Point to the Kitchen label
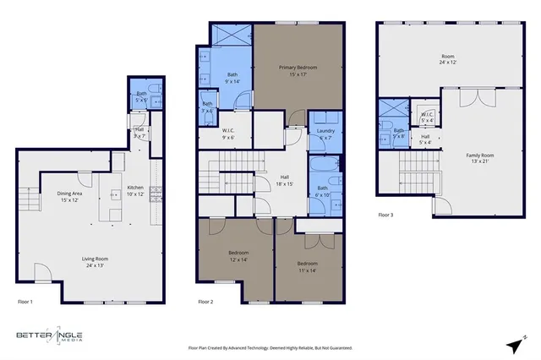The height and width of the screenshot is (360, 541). [x=136, y=191]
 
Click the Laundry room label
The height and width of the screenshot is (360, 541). [x=325, y=134]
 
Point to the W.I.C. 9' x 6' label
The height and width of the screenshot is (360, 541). [x=228, y=134]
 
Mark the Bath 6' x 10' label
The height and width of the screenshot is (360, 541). [x=322, y=192]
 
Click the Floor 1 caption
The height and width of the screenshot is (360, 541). [x=25, y=302]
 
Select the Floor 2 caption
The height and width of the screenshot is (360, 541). [x=205, y=302]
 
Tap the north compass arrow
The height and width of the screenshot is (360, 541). [x=514, y=345]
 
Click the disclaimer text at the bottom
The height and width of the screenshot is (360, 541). [x=270, y=347]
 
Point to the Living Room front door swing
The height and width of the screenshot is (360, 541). [x=41, y=272]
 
